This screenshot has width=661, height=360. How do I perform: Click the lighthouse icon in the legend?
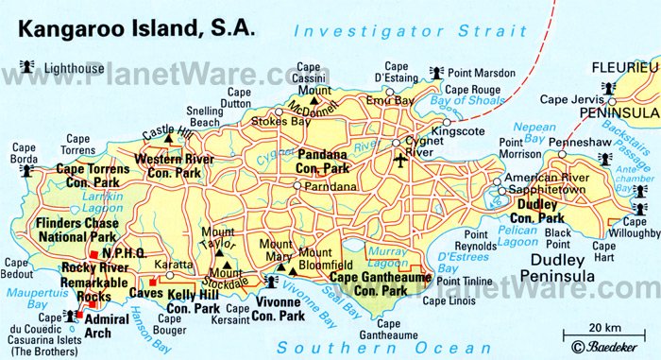click(25, 65)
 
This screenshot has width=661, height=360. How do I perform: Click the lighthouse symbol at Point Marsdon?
click(437, 71)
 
